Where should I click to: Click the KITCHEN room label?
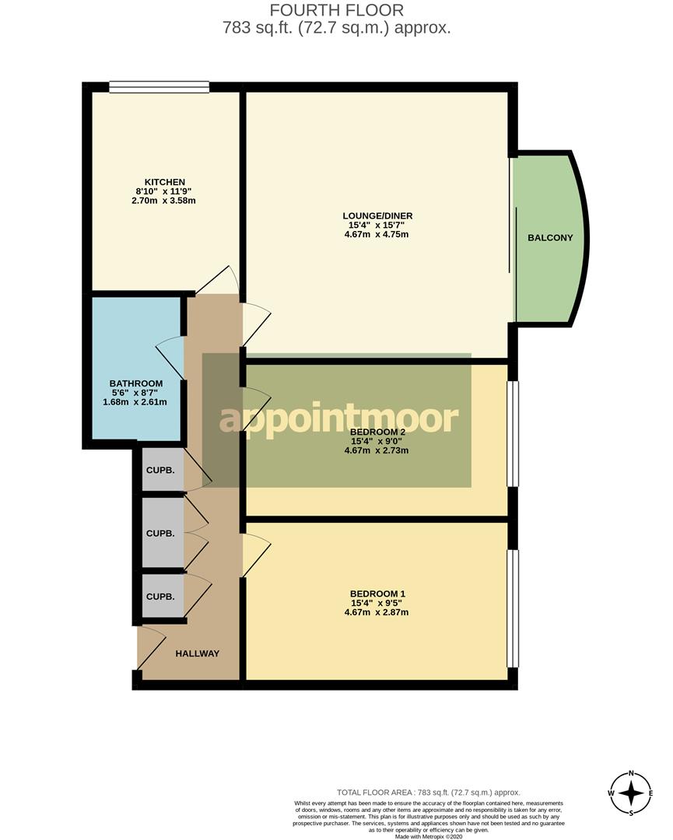coord(164,182)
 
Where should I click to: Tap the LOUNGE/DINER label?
coord(377,215)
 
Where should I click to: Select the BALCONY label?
coord(549,237)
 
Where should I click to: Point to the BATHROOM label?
coord(135,383)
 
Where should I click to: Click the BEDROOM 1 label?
coord(377,593)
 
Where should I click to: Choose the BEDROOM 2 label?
coord(377,432)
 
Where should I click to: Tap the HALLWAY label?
coord(197,653)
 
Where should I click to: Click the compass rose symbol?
coord(631,793)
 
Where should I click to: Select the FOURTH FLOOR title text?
coord(336,10)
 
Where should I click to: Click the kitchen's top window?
coord(159,87)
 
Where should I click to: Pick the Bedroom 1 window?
coord(512,608)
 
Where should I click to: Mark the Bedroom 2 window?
coord(512,433)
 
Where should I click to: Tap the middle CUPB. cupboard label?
coord(160,534)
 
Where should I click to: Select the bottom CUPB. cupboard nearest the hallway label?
coord(160,597)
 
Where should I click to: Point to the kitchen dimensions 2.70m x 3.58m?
coord(164,201)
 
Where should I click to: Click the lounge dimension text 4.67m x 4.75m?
coord(377,234)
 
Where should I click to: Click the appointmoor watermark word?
coord(338,420)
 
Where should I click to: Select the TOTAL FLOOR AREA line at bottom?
coord(428,792)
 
